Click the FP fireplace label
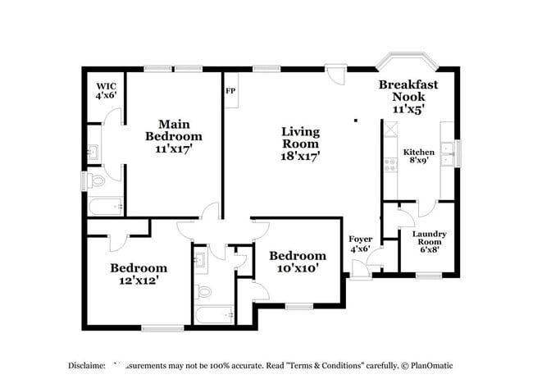pos(230,90)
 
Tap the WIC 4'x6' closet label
pos(106,90)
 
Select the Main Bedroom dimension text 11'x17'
pos(173,149)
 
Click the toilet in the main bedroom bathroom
pos(98,180)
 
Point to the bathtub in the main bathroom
pos(104,207)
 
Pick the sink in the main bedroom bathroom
pos(93,152)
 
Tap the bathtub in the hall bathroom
pos(213,316)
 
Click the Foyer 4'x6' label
pos(361,244)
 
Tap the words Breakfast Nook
pos(408,90)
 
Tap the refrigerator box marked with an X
pos(389,129)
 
